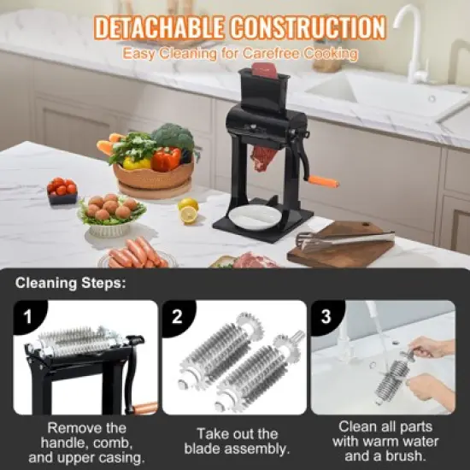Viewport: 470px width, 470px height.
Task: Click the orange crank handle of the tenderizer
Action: pos(323,181)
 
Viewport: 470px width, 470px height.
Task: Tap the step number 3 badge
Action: pos(325,317)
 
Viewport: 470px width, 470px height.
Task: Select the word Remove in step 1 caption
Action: pos(73,426)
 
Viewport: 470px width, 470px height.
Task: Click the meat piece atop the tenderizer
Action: pos(264,70)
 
